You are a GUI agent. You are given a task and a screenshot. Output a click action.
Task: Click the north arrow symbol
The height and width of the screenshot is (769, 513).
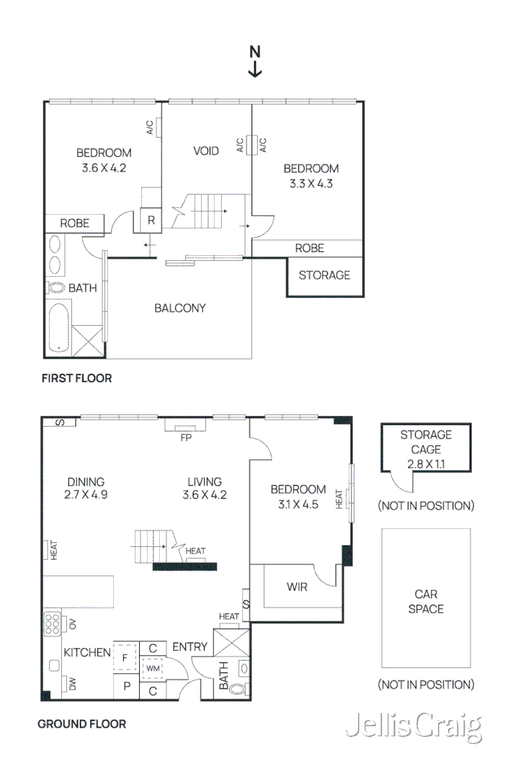[x=254, y=61]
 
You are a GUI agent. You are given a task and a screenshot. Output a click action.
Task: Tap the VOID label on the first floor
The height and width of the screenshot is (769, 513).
[x=206, y=151]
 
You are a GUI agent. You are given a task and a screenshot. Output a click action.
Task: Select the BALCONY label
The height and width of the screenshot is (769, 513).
[x=180, y=308]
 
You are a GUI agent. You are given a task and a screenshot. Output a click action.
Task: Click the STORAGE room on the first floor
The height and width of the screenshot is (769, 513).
[x=325, y=276]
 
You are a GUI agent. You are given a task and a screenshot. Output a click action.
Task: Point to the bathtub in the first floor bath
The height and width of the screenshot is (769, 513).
[x=59, y=327]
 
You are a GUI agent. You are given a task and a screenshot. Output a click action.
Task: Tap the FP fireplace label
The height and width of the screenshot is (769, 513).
[x=186, y=437]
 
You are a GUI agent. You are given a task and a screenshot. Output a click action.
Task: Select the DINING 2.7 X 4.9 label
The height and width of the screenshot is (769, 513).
[x=86, y=488]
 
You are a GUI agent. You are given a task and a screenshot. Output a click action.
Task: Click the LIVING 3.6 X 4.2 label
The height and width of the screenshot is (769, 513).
[x=205, y=488]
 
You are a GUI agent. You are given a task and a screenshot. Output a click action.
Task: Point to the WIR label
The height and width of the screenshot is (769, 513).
[x=297, y=587]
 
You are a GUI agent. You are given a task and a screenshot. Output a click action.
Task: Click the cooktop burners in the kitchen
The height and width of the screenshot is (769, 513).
[x=52, y=623]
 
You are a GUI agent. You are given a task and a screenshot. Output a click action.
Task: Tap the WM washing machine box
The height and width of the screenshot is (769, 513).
[x=153, y=668]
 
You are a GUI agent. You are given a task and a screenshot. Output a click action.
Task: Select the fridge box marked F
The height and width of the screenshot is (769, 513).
[x=125, y=657]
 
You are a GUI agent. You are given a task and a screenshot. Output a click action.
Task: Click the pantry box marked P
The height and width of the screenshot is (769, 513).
[x=127, y=686]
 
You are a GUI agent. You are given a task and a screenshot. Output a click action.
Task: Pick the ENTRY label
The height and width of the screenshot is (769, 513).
[x=189, y=647]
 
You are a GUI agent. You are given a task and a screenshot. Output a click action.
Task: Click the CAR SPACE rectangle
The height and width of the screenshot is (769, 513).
[x=426, y=598]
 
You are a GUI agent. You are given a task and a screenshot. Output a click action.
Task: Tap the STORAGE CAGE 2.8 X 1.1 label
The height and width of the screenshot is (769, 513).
[x=426, y=449]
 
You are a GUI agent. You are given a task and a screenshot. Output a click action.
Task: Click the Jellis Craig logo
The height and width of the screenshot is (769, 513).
[x=414, y=726]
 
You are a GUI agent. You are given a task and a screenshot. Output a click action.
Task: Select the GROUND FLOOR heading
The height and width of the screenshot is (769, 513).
[x=82, y=724]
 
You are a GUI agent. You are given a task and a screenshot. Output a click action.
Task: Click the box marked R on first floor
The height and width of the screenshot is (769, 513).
[x=151, y=221]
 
